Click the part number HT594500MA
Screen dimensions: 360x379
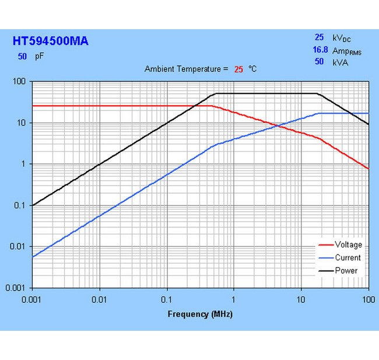point(51,41)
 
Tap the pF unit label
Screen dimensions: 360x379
point(40,57)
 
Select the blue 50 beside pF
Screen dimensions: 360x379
point(22,57)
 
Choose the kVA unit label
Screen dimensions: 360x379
point(340,62)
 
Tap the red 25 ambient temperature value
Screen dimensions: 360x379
point(238,69)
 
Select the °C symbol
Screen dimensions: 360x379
point(252,69)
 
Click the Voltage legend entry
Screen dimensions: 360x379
point(348,244)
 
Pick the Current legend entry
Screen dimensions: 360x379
point(348,257)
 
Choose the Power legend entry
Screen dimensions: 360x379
point(346,270)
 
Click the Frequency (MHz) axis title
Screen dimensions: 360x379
point(200,314)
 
